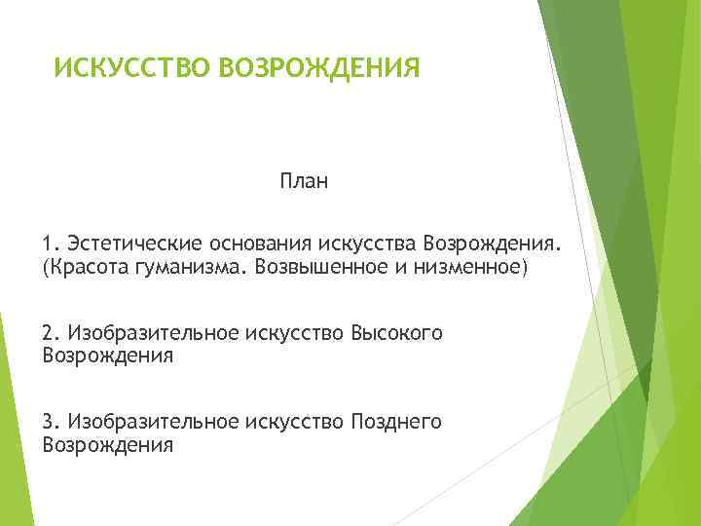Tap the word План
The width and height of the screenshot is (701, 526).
304,181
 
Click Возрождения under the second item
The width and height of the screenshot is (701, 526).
108,357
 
